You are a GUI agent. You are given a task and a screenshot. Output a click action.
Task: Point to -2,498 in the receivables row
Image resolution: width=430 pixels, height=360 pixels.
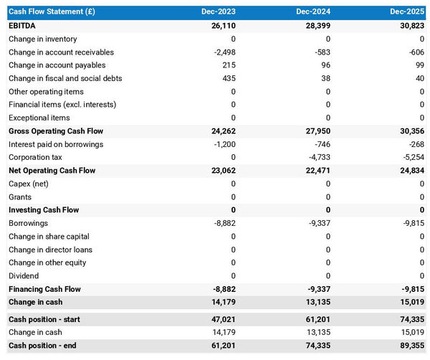(224, 52)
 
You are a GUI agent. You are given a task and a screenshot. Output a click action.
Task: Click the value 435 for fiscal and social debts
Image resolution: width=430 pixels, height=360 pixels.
(228, 78)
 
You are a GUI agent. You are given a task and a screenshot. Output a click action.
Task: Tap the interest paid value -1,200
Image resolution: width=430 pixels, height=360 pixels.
(224, 144)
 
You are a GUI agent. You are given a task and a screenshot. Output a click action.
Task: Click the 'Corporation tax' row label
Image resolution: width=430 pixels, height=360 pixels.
(35, 157)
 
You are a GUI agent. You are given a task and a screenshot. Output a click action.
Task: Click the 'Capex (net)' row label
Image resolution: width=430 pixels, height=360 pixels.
(29, 184)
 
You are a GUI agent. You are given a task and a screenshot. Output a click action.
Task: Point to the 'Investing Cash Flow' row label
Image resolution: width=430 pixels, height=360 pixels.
(44, 210)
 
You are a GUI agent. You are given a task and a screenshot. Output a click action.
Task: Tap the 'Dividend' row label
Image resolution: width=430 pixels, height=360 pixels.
(24, 276)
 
